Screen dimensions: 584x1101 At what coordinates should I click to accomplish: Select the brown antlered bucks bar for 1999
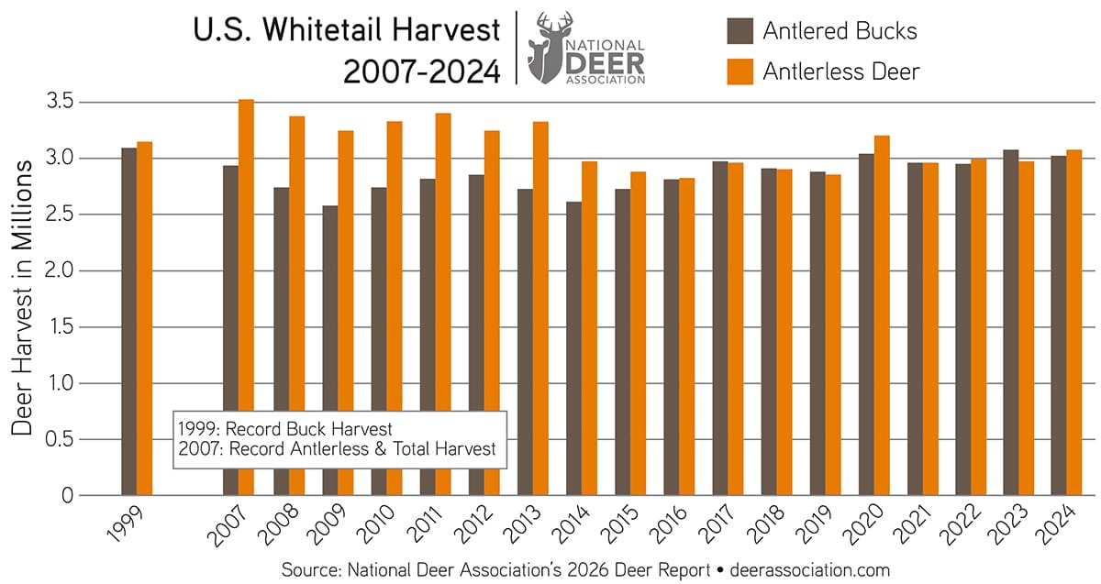[x=129, y=321]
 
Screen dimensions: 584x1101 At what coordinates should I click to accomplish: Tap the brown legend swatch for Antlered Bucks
[x=740, y=30]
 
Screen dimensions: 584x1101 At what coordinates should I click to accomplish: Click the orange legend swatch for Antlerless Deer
[x=740, y=71]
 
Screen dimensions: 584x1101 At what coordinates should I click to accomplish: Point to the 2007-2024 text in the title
[x=422, y=70]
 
